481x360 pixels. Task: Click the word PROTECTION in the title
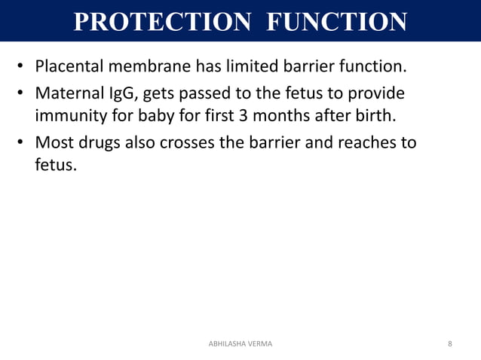tap(159, 21)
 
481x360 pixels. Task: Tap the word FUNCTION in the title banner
tap(336, 21)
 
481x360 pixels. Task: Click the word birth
tap(374, 117)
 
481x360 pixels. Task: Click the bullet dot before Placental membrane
tap(22, 69)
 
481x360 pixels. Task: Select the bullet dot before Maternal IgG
tap(22, 96)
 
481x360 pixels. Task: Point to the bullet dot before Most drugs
tap(22, 143)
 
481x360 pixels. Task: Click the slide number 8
tap(450, 343)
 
